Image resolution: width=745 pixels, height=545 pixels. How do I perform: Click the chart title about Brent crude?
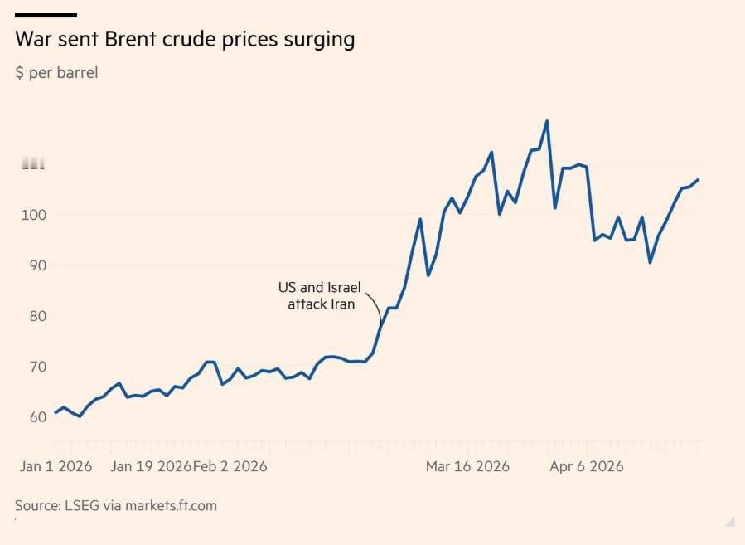pyautogui.click(x=185, y=40)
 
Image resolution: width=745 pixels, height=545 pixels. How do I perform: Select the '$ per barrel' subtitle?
pyautogui.click(x=56, y=73)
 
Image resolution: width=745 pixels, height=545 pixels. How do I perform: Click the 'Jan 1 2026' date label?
pyautogui.click(x=56, y=466)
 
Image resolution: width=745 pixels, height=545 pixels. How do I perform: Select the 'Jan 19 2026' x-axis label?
pyautogui.click(x=151, y=466)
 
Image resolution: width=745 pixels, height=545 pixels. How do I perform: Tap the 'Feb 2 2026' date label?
pyautogui.click(x=230, y=466)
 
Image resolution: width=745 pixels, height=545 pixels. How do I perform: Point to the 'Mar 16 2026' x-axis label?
pyautogui.click(x=467, y=466)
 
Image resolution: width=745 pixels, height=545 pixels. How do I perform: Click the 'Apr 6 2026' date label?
pyautogui.click(x=587, y=466)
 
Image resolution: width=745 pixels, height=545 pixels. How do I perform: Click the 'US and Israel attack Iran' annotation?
pyautogui.click(x=320, y=296)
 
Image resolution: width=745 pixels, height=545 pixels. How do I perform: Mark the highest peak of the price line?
pyautogui.click(x=547, y=121)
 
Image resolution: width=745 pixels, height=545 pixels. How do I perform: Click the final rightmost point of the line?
pyautogui.click(x=699, y=179)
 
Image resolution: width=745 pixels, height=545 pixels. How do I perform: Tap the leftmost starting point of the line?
pyautogui.click(x=56, y=412)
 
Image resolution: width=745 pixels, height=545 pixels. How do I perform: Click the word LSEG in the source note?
pyautogui.click(x=82, y=505)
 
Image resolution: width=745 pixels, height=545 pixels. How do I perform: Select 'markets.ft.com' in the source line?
pyautogui.click(x=171, y=505)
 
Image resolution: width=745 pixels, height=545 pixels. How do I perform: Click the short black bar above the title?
pyautogui.click(x=46, y=15)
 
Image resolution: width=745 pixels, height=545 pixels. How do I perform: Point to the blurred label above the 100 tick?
pyautogui.click(x=33, y=163)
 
